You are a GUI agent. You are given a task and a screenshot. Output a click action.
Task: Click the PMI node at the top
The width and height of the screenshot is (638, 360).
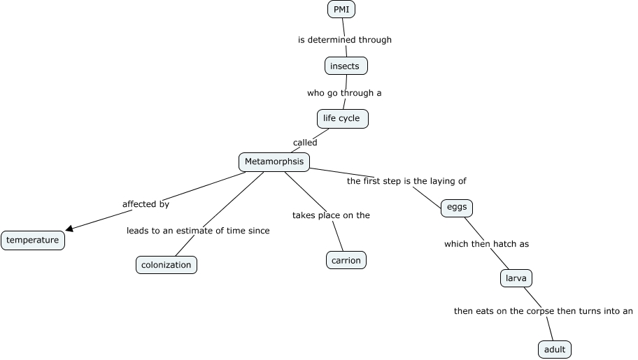coord(341,9)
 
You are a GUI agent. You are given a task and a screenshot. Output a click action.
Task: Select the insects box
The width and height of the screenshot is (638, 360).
coord(346,66)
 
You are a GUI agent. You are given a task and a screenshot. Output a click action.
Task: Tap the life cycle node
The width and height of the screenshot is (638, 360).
coord(342,118)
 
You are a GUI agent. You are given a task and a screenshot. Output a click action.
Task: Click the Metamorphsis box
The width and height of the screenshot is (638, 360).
coord(274,162)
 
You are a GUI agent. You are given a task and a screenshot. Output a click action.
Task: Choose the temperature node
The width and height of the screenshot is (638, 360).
coord(33,240)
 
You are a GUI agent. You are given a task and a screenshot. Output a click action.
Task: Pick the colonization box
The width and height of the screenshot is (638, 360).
coord(166,265)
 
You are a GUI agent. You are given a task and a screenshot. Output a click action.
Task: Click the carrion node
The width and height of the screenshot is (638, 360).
coord(346,261)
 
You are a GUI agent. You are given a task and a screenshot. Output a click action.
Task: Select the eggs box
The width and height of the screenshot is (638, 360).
coord(457,208)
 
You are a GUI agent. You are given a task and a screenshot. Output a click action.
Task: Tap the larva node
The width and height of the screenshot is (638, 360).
coord(516,278)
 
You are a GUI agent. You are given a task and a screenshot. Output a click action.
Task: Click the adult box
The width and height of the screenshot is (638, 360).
coord(555,349)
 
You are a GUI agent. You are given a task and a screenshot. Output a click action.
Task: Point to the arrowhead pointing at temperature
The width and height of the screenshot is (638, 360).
coord(69,228)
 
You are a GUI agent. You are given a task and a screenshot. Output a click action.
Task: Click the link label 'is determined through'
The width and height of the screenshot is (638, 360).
coord(345,40)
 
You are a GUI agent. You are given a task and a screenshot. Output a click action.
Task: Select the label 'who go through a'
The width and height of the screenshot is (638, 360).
coord(344,92)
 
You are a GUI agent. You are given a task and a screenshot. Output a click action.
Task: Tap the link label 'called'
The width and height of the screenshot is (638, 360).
coord(305,143)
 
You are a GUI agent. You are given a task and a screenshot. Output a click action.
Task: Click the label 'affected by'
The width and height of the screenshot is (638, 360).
coord(146,204)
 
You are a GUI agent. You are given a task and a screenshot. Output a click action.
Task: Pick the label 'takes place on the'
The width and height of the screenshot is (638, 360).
coord(331,215)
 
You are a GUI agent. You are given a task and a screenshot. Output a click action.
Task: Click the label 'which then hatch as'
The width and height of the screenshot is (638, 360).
coord(486,244)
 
